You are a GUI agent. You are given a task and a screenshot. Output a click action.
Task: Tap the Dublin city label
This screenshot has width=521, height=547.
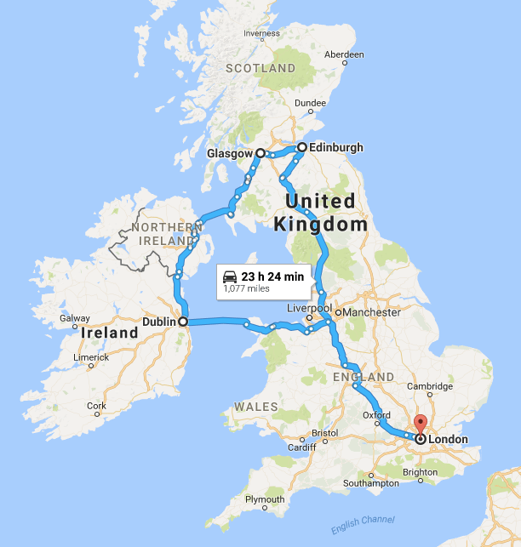[158, 322]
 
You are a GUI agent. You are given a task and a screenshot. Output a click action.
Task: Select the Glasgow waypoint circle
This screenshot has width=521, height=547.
[260, 153]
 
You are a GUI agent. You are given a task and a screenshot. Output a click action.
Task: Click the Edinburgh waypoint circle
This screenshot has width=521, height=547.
[301, 147]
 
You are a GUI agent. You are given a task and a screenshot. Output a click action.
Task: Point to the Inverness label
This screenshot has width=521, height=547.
[261, 34]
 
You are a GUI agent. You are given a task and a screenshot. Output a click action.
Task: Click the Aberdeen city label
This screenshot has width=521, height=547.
[344, 54]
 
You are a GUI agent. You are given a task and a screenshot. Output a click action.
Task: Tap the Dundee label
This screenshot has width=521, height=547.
[310, 103]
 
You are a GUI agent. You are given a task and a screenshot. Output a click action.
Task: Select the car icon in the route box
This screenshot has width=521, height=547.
[230, 276]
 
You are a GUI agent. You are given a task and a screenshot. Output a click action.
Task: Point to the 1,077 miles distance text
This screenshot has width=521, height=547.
[246, 289]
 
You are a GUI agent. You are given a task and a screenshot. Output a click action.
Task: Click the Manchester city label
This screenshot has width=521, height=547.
[372, 312]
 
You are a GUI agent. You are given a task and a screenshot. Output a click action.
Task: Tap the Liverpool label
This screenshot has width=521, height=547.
[309, 307]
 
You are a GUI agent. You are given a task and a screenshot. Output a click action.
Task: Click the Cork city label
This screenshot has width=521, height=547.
[96, 406]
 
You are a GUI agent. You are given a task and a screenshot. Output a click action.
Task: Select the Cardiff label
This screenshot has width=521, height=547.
[301, 448]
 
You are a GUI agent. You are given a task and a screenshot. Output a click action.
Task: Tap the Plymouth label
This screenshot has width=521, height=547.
[265, 499]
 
